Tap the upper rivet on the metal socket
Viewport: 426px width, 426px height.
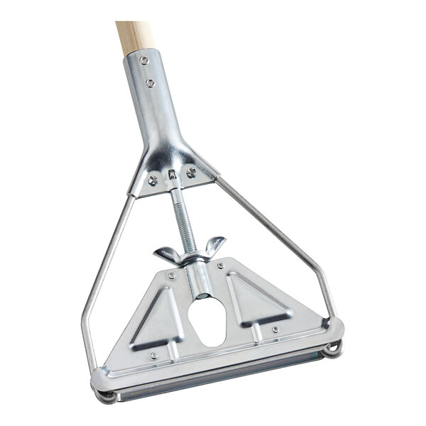(x=144, y=60)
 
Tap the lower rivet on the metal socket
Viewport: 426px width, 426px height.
(x=150, y=83)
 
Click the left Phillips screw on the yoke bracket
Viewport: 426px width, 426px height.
(x=153, y=180)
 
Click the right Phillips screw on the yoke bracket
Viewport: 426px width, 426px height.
(x=191, y=171)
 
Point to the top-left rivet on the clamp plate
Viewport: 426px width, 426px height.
(x=170, y=275)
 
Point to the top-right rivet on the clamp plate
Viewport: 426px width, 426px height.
(x=221, y=266)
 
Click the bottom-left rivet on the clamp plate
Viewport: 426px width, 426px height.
(x=153, y=356)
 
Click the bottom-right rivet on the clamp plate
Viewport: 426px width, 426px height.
(x=274, y=329)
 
